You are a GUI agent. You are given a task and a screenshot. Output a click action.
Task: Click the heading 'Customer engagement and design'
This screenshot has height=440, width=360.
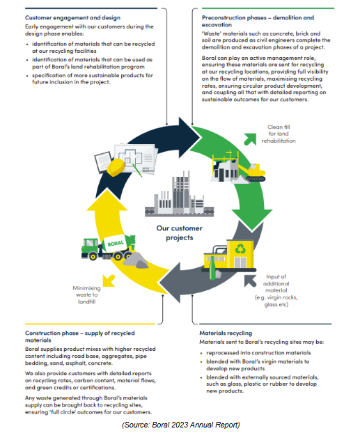coord(72,17)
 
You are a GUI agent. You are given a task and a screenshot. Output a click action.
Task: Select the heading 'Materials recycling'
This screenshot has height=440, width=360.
coord(226,333)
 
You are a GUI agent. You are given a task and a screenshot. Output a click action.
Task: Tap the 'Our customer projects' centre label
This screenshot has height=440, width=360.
coord(179,233)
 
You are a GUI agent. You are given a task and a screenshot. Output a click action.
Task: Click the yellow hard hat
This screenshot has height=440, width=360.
coord(116,168)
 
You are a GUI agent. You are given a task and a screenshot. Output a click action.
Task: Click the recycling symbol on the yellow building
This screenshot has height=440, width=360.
coord(240,249)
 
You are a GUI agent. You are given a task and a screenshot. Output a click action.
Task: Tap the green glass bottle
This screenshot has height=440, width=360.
coord(212,268)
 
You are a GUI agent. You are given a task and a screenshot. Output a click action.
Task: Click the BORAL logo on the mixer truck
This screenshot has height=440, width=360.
coord(116,243)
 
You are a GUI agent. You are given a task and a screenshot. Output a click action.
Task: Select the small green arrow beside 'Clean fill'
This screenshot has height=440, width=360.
coord(250,139)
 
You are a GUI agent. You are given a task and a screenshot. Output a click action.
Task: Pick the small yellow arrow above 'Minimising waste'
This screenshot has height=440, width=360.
coord(109,281)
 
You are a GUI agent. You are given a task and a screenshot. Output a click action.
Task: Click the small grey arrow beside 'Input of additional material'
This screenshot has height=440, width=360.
coord(250,281)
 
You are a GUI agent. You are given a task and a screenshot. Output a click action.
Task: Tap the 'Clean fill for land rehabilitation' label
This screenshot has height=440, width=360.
coord(279,134)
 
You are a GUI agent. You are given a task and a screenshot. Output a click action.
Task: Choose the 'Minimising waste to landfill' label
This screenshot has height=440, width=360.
coord(87,294)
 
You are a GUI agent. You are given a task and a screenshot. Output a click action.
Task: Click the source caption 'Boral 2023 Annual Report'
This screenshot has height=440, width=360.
coord(181,425)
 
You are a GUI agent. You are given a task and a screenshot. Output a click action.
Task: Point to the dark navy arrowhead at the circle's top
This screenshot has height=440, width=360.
coord(188,138)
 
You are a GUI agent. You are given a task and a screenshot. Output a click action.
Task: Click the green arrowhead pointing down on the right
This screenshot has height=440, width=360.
coord(251,219)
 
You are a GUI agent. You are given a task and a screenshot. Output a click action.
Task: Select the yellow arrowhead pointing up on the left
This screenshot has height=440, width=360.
coord(107,200)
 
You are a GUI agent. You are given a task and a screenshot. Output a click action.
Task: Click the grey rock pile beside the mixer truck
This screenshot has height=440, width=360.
coord(136,260)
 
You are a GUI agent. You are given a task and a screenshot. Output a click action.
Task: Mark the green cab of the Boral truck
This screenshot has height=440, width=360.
coord(91,246)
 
